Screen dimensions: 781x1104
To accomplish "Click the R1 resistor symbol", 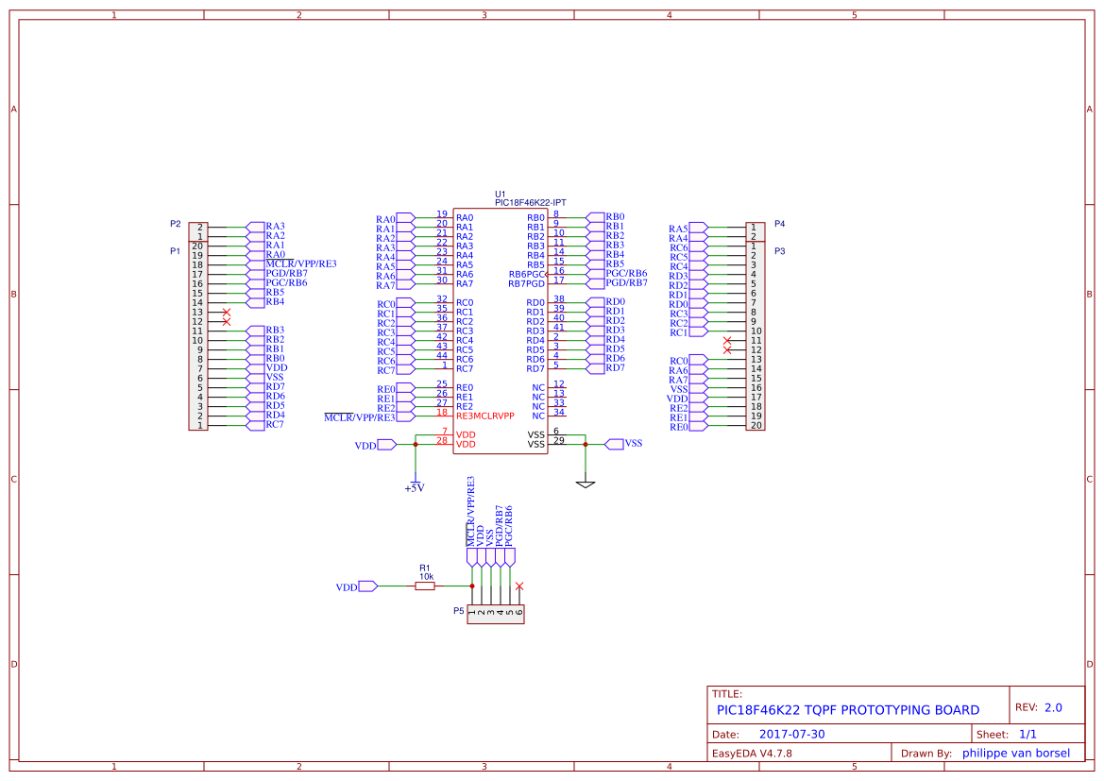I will pyautogui.click(x=425, y=586).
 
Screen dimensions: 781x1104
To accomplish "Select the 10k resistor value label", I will pyautogui.click(x=426, y=576).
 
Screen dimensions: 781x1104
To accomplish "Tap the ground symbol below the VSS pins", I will pyautogui.click(x=586, y=484).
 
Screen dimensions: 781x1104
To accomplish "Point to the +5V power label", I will pyautogui.click(x=414, y=488).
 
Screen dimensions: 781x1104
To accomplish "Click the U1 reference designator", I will pyautogui.click(x=501, y=193).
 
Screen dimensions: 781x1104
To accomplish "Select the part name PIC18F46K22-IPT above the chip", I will pyautogui.click(x=530, y=202).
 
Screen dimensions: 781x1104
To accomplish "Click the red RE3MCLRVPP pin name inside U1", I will pyautogui.click(x=484, y=416).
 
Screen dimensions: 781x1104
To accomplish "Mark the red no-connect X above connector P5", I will pyautogui.click(x=519, y=586).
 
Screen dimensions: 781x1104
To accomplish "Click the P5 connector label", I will pyautogui.click(x=458, y=611).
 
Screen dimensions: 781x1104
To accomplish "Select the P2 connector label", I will pyautogui.click(x=175, y=224).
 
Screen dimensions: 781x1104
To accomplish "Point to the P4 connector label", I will pyautogui.click(x=779, y=224).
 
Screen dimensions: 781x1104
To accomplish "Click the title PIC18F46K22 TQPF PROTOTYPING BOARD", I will pyautogui.click(x=847, y=710).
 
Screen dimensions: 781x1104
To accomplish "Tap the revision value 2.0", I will pyautogui.click(x=1053, y=707).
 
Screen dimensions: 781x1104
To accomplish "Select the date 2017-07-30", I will pyautogui.click(x=791, y=734).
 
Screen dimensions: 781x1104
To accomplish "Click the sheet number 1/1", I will pyautogui.click(x=1028, y=734).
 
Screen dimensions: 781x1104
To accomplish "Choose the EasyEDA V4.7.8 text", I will pyautogui.click(x=752, y=754).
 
